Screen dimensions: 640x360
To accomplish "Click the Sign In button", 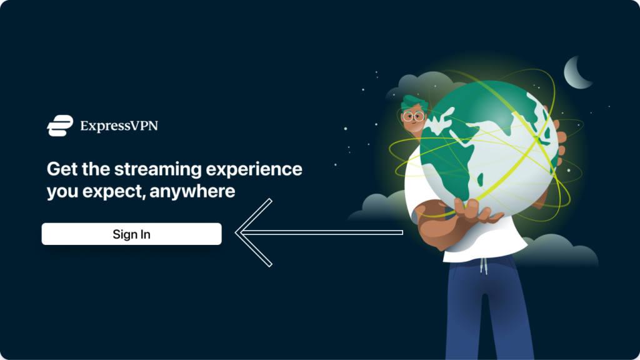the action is pos(131,234).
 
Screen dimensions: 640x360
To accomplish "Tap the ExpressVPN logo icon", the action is pos(60,125).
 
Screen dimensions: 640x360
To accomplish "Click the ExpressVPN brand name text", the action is pos(119,126).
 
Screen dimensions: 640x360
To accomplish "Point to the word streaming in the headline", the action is pos(158,169).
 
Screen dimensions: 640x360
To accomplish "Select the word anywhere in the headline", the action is pos(192,191).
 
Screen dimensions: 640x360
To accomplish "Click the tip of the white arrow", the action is pos(236,232).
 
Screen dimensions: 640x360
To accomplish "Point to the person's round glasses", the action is pos(412,117).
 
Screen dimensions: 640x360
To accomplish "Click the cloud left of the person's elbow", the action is pos(378,207).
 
